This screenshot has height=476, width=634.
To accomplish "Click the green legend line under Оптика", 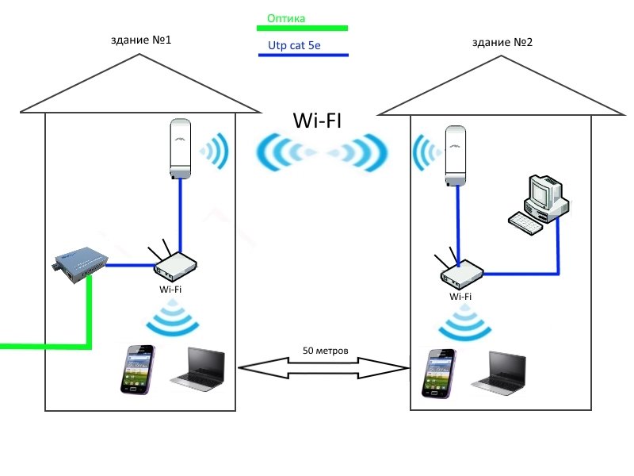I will [x=304, y=29].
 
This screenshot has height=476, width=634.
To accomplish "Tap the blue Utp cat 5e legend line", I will [x=304, y=56].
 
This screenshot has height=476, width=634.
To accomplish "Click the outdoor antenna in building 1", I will [x=181, y=149].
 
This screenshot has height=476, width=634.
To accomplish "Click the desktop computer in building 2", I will [x=539, y=202].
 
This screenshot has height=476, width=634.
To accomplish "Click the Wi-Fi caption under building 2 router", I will [x=460, y=297].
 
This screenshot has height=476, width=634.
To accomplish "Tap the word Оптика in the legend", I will [x=286, y=17].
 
